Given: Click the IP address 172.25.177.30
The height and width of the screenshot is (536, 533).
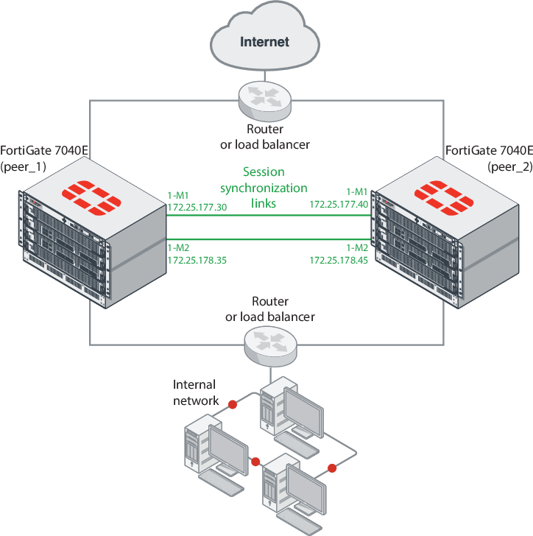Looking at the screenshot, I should [x=197, y=208].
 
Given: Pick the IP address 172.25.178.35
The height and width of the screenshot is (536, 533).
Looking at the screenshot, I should [x=197, y=260].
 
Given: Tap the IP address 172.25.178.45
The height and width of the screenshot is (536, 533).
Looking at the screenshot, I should [x=339, y=260].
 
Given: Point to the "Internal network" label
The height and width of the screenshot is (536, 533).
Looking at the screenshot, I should [x=195, y=392].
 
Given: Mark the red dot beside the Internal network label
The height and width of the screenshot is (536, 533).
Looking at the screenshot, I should [x=233, y=404].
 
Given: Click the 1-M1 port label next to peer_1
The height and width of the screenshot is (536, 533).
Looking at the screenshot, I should [x=179, y=195].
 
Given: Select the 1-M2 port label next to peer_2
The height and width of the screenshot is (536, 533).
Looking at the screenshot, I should [x=358, y=247].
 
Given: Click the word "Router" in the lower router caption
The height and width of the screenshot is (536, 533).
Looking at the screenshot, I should [x=269, y=302].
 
